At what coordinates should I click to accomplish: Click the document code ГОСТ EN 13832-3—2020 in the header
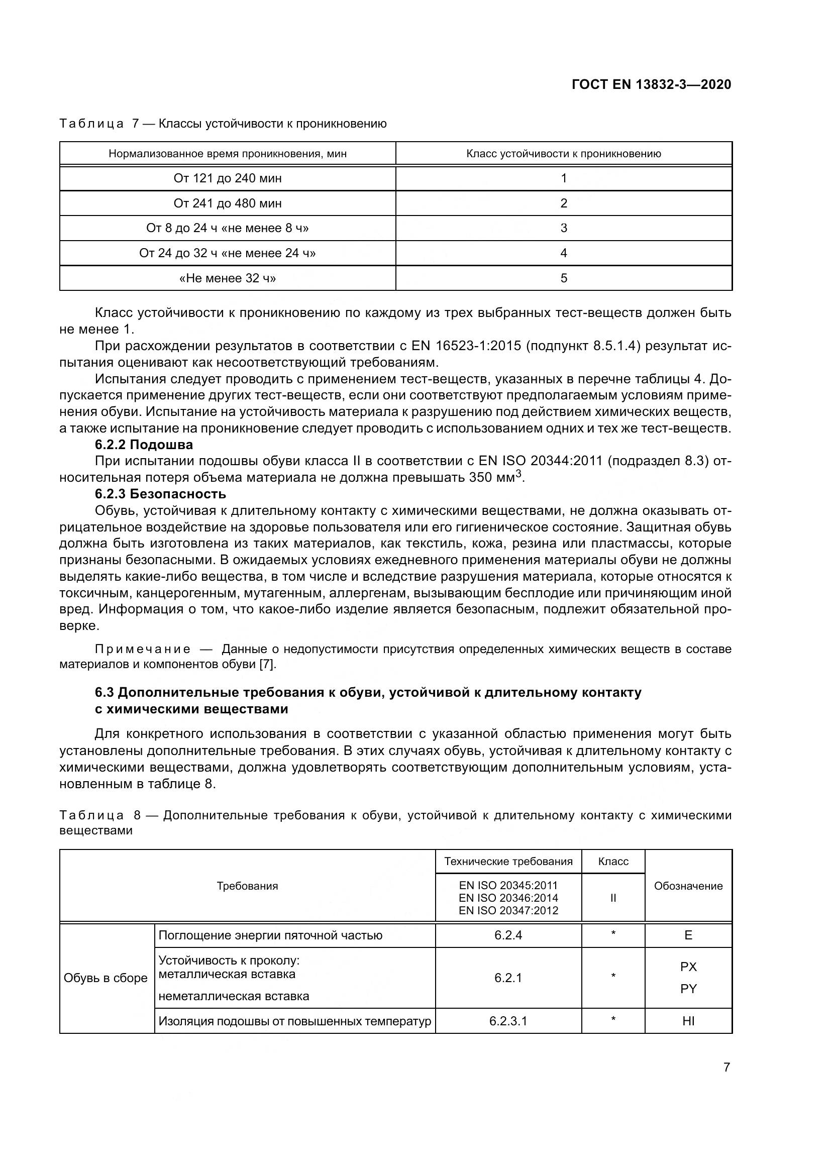[x=651, y=84]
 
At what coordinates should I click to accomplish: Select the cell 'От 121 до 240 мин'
[x=227, y=179]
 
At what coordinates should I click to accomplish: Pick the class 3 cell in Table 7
[x=563, y=228]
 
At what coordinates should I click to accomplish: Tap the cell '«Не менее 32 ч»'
[x=227, y=278]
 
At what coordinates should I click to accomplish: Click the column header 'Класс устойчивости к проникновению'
[x=563, y=154]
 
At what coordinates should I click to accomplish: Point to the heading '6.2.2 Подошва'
[x=144, y=444]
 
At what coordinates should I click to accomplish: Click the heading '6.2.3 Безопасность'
[x=160, y=494]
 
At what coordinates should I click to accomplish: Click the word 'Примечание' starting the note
[x=143, y=650]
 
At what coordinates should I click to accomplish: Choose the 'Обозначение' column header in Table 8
[x=688, y=886]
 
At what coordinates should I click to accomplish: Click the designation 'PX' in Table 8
[x=688, y=967]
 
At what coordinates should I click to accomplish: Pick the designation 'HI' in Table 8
[x=688, y=1021]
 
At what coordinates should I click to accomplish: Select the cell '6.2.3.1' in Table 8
[x=507, y=1021]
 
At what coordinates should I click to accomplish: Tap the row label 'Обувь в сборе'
[x=106, y=978]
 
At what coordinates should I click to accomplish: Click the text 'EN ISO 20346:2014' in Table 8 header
[x=508, y=898]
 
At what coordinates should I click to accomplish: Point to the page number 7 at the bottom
[x=726, y=1067]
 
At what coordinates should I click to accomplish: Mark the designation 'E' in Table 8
[x=688, y=935]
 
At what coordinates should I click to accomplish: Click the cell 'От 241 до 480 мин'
[x=227, y=203]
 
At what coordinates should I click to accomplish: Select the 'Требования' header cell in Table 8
[x=247, y=886]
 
